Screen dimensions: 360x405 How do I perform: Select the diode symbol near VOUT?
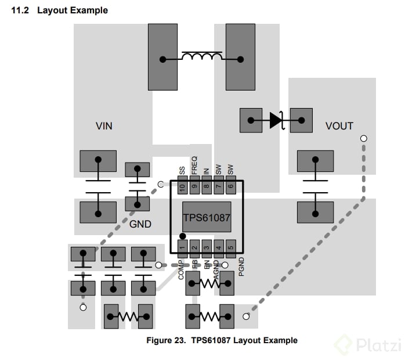tap(276, 120)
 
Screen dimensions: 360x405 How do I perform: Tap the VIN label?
tap(104, 126)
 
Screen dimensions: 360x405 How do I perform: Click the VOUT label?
tap(339, 126)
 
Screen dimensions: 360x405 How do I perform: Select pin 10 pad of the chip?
tap(183, 187)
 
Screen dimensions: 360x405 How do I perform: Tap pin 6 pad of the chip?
tap(230, 187)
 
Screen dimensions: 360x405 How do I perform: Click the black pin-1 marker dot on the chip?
tap(183, 236)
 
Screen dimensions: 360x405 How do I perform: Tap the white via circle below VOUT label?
tap(364, 139)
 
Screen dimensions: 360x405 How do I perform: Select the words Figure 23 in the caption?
tap(165, 340)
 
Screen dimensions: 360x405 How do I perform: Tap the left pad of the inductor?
tap(162, 58)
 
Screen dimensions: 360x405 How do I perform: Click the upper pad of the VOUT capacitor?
tap(315, 161)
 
